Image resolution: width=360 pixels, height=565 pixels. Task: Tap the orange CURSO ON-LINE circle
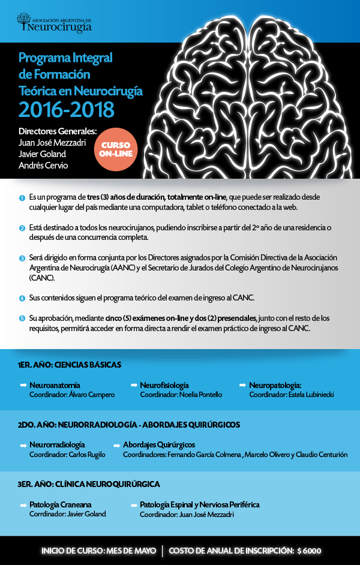pyautogui.click(x=116, y=149)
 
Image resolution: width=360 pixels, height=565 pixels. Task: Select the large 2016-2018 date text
pyautogui.click(x=66, y=109)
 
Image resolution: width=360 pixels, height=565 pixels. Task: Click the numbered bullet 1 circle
pyautogui.click(x=22, y=198)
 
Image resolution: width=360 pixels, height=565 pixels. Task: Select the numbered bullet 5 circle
pyautogui.click(x=22, y=318)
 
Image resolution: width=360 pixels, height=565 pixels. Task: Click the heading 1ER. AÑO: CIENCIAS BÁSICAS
pyautogui.click(x=70, y=364)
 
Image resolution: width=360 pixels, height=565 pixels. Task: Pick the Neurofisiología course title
pyautogui.click(x=164, y=385)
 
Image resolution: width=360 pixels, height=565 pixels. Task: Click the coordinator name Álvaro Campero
pyautogui.click(x=91, y=395)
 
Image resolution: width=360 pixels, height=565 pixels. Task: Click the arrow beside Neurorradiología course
pyautogui.click(x=23, y=445)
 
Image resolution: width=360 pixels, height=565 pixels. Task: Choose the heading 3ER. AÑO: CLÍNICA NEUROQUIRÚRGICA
pyautogui.click(x=89, y=484)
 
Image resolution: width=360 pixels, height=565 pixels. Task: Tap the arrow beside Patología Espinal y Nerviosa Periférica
pyautogui.click(x=133, y=505)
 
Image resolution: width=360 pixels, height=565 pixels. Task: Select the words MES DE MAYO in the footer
pyautogui.click(x=131, y=551)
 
